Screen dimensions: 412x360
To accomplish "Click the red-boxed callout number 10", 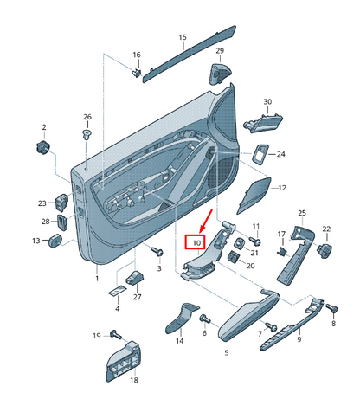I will click(196, 244).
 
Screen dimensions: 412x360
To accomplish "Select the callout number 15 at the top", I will click(183, 37).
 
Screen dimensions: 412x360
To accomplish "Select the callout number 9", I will click(299, 340).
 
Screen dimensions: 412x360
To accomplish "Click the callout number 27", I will click(136, 297).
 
